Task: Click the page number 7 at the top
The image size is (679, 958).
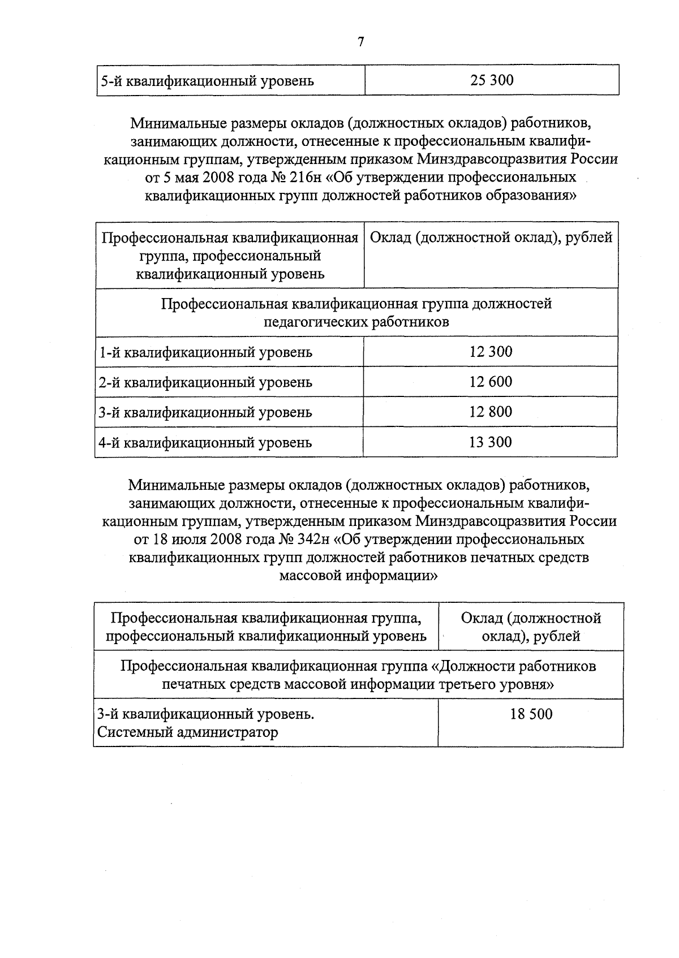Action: coord(361,42)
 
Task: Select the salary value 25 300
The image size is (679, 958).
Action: coord(491,80)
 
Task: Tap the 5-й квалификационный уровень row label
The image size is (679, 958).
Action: coord(207,81)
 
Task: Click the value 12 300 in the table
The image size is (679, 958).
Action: coord(491,352)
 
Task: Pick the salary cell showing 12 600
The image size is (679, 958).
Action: coord(491,382)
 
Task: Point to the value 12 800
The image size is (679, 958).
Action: coord(491,412)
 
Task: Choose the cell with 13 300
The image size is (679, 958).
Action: coord(491,442)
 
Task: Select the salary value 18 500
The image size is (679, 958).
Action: coord(531,714)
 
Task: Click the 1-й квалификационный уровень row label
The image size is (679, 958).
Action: coord(205,352)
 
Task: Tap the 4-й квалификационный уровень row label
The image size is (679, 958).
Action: coord(205,442)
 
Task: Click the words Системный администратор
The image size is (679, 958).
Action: coord(188,733)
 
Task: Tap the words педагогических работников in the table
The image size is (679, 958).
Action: coord(356,322)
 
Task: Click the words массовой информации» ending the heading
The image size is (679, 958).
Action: coord(359,576)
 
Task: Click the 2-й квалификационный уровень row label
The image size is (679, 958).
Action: coord(205,382)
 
